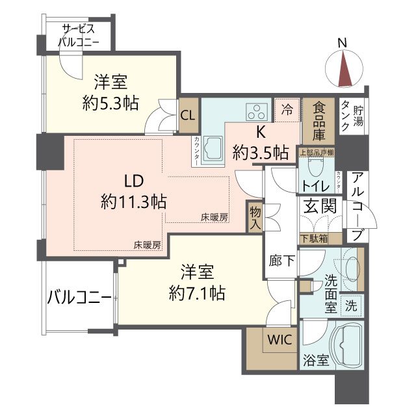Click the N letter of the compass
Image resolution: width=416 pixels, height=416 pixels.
[343, 44]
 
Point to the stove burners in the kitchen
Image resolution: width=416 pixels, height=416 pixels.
[256, 112]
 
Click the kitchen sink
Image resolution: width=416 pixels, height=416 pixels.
[213, 148]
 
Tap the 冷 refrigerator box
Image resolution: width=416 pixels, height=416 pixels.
[287, 110]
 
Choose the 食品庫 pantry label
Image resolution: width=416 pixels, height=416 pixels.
[318, 122]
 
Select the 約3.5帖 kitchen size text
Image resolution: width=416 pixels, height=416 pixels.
[261, 153]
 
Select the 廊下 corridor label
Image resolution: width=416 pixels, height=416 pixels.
[281, 260]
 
